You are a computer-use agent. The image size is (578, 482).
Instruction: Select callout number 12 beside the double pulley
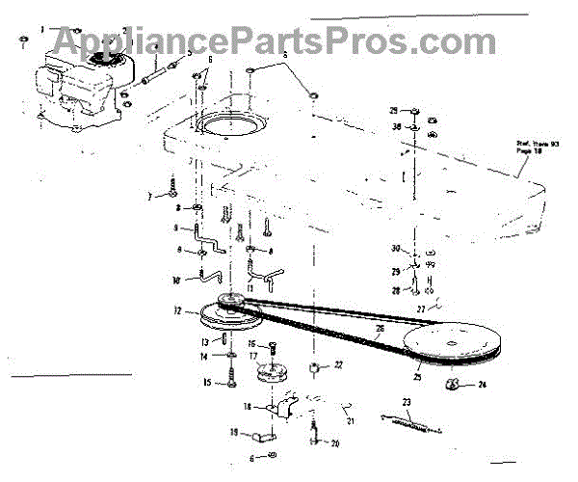[x=177, y=311]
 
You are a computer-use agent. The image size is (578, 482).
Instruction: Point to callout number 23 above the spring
[x=407, y=403]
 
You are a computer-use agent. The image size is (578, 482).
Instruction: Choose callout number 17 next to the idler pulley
[x=253, y=356]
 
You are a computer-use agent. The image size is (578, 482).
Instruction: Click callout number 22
[x=338, y=365]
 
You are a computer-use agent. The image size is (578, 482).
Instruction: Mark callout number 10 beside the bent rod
[x=176, y=281]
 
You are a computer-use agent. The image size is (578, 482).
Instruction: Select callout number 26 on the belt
[x=380, y=329]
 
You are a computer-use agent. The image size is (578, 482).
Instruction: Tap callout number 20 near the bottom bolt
[x=335, y=444]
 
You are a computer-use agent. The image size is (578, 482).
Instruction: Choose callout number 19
[x=233, y=433]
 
